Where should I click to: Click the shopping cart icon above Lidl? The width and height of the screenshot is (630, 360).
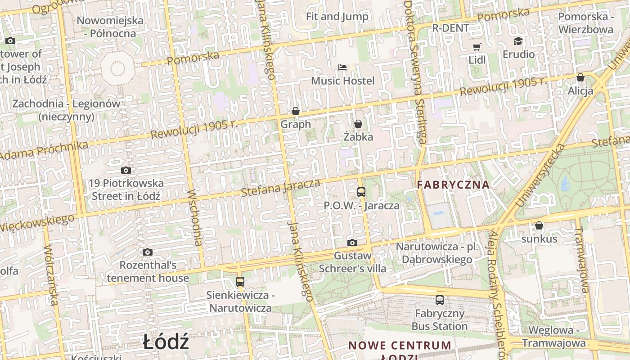pyautogui.click(x=477, y=47)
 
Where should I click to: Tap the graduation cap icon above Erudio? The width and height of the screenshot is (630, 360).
pyautogui.click(x=518, y=41)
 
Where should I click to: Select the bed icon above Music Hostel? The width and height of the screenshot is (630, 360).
pyautogui.click(x=342, y=67)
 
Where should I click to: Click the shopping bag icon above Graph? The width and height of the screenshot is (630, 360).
pyautogui.click(x=296, y=111)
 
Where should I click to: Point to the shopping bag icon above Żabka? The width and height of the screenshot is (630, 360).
pyautogui.click(x=358, y=123)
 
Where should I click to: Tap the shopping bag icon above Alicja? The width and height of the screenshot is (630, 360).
pyautogui.click(x=580, y=77)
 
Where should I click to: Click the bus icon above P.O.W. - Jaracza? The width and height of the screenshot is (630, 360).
pyautogui.click(x=361, y=192)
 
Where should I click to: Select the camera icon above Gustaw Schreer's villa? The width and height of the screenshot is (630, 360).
pyautogui.click(x=352, y=243)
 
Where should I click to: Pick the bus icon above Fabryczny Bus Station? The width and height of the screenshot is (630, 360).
pyautogui.click(x=440, y=300)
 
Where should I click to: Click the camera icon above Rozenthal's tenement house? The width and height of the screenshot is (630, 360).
pyautogui.click(x=148, y=252)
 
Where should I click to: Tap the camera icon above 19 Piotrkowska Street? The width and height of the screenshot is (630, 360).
pyautogui.click(x=126, y=170)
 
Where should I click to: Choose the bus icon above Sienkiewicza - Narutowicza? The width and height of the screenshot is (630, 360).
pyautogui.click(x=240, y=282)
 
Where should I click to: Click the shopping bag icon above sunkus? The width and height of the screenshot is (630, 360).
pyautogui.click(x=539, y=225)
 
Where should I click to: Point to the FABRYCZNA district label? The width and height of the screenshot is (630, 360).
pyautogui.click(x=453, y=184)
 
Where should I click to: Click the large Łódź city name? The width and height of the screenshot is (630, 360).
pyautogui.click(x=166, y=343)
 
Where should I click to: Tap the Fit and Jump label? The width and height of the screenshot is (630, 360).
pyautogui.click(x=337, y=17)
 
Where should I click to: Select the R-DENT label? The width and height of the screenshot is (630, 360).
pyautogui.click(x=450, y=28)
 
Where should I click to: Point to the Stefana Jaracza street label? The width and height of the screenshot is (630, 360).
pyautogui.click(x=280, y=188)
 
